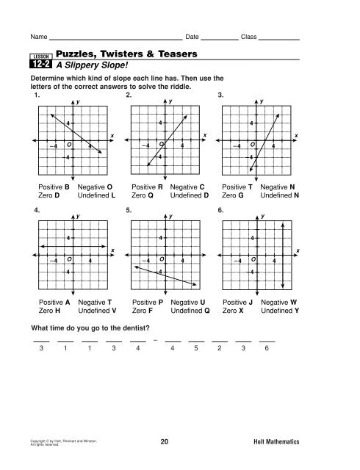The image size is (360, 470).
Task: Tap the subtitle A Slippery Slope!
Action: coord(93,65)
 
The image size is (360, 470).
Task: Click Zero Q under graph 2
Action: coord(143,196)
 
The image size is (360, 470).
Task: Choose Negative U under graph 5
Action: coord(187,302)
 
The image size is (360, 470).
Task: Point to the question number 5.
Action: coord(129,210)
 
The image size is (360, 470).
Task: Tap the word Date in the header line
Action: coord(193,36)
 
